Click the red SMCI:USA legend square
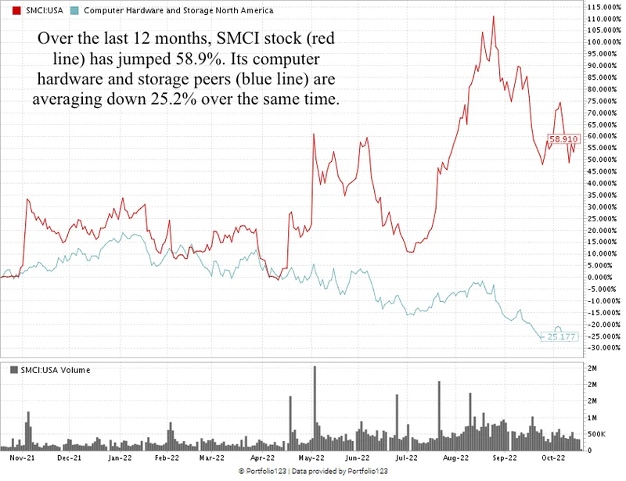(8, 10)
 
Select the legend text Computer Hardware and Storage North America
(178, 10)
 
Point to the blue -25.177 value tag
(562, 336)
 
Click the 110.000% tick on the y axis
(604, 18)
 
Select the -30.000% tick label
(604, 348)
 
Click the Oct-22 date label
(554, 459)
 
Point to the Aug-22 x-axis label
(455, 459)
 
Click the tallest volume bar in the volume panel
(315, 407)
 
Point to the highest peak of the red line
(494, 16)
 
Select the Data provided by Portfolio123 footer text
(342, 472)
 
